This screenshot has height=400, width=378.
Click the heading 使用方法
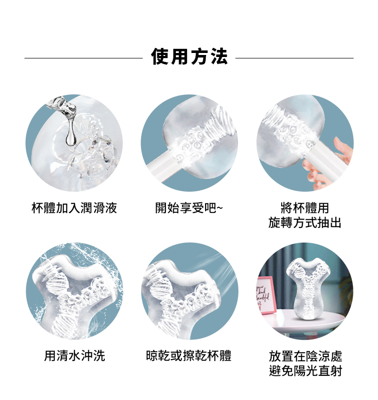tap(189, 56)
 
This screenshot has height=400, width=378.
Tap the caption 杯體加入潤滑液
tap(74, 208)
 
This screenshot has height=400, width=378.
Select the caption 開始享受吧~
tap(189, 208)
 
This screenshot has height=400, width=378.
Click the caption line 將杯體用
tap(305, 208)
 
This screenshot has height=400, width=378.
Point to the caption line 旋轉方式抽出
tap(305, 222)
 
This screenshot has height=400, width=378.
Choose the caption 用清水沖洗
tap(75, 356)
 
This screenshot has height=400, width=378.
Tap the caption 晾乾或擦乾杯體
tap(188, 356)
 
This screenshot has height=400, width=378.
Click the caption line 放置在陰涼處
tap(305, 356)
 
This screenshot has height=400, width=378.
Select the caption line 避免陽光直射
tap(305, 371)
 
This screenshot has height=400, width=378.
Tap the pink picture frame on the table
tap(266, 296)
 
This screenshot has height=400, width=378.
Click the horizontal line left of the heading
tap(83, 58)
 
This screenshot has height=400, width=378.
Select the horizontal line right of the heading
tap(294, 58)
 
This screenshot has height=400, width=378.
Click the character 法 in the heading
tap(219, 56)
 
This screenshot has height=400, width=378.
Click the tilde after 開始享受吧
tap(220, 208)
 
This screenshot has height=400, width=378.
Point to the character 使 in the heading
tap(160, 56)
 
